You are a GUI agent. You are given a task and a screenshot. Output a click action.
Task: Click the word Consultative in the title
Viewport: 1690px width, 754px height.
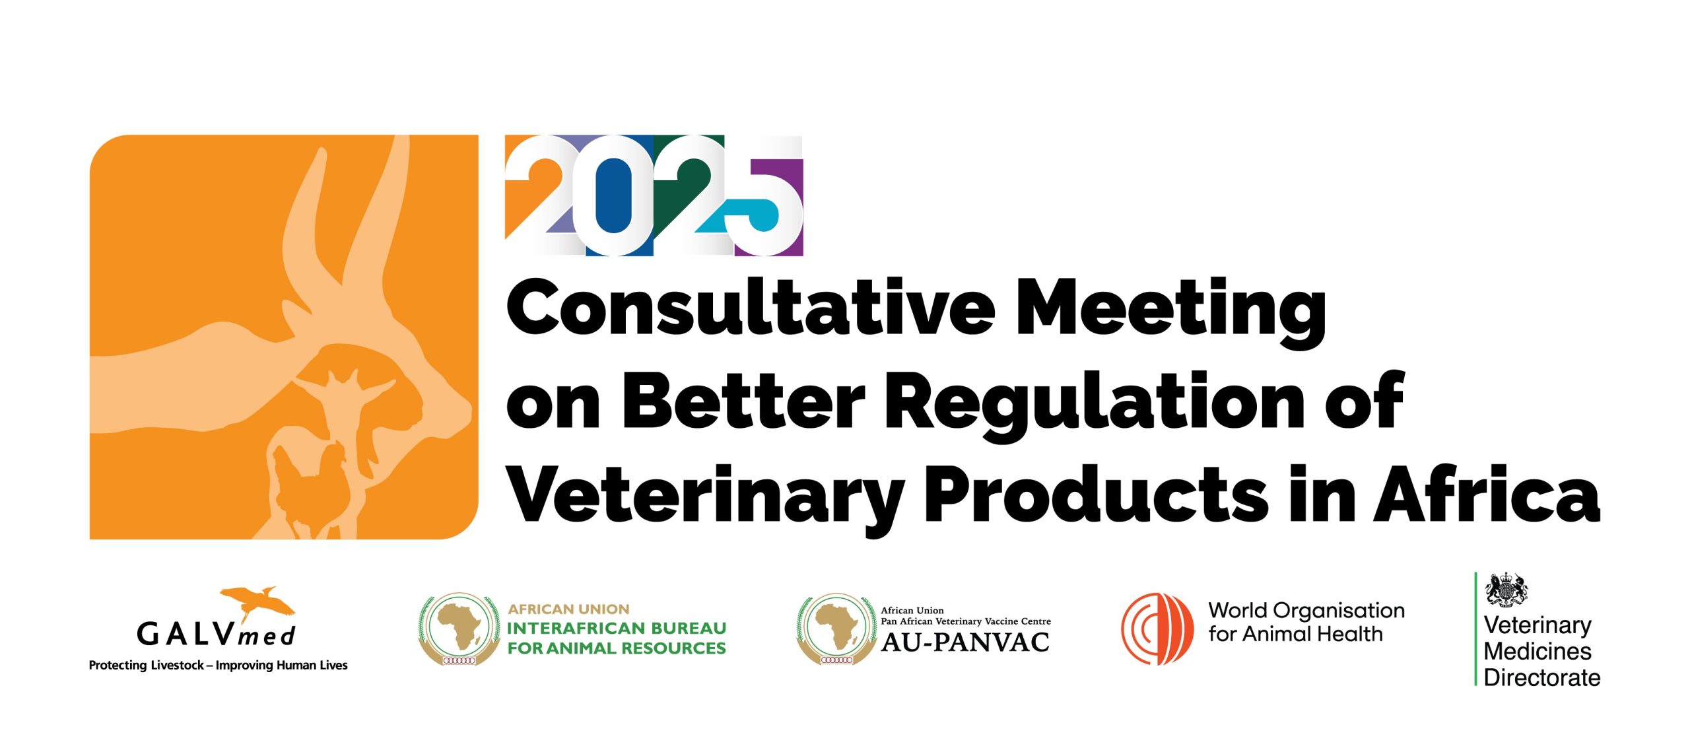(750, 308)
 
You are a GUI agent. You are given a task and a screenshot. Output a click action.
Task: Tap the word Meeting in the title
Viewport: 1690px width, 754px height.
(1172, 314)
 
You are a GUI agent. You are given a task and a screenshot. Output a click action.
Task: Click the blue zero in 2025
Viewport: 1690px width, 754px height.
(613, 195)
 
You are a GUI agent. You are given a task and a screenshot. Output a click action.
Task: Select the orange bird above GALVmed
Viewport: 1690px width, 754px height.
(257, 601)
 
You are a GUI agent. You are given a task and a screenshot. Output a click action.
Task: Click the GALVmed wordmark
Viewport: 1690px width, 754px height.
(216, 635)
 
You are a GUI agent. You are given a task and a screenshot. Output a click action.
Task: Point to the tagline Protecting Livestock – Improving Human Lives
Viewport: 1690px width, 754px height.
(218, 666)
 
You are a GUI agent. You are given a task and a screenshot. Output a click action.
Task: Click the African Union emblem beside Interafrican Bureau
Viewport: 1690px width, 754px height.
(459, 629)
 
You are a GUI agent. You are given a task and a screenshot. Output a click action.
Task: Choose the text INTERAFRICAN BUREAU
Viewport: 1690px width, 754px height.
(617, 628)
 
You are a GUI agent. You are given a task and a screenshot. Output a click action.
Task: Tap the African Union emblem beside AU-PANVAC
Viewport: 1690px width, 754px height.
(836, 629)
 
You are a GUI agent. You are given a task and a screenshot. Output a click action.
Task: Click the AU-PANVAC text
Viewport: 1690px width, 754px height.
(965, 642)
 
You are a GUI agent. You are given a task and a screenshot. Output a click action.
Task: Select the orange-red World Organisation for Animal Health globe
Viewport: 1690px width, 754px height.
(1157, 629)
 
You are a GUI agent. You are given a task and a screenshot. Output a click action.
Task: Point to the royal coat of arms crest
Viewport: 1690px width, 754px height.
(1506, 590)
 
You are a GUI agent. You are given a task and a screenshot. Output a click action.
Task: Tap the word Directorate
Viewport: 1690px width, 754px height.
(1542, 677)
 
